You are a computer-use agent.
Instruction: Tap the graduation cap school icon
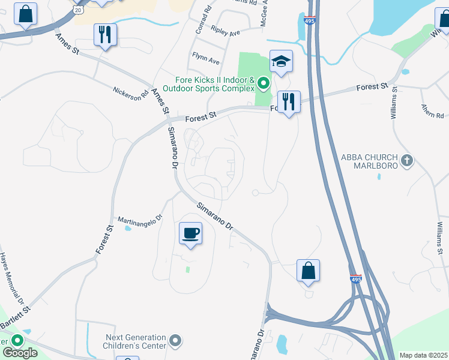(280, 62)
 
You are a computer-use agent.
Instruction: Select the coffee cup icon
(190, 234)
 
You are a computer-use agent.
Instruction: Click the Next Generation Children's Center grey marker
(175, 341)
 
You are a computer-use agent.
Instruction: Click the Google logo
(20, 353)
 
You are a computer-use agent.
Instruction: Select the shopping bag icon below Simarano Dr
(308, 271)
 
